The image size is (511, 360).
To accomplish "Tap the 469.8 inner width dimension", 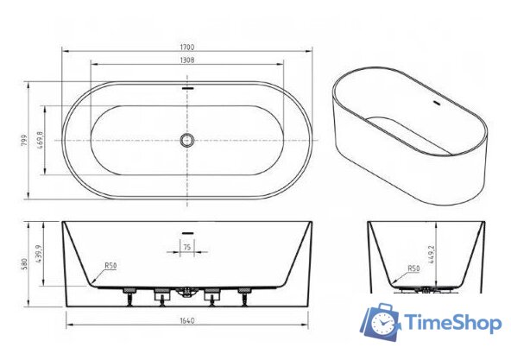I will [x=40, y=139].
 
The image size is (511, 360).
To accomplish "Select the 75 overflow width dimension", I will [x=186, y=247].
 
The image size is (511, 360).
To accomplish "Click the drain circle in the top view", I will [x=186, y=140].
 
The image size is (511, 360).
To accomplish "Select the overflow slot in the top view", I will [x=186, y=86].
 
